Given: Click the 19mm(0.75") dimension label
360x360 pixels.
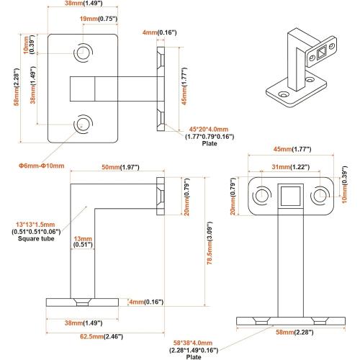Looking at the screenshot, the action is (99, 19).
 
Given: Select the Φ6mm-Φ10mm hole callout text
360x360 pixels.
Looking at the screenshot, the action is (42, 166).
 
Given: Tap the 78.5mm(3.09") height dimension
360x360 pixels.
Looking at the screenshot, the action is (210, 243).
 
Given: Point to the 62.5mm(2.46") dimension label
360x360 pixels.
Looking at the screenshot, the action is (102, 336).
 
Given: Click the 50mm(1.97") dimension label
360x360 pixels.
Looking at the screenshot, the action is (120, 167).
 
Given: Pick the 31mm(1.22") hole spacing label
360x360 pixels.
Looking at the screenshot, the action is (291, 166).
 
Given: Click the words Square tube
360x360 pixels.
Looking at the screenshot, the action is (36, 238).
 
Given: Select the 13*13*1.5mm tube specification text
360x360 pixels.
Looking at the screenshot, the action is (35, 225).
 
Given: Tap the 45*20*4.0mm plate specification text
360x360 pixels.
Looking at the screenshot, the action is (209, 129).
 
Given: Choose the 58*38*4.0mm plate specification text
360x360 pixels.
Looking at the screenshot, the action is (193, 343).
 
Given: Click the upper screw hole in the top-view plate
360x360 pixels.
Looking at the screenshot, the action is (83, 53).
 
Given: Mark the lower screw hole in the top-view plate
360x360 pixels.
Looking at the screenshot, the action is (83, 124).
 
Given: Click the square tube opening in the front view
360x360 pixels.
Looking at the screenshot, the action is (290, 196).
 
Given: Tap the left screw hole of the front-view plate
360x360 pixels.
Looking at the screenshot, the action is (261, 195).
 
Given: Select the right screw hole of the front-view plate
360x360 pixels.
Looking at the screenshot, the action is (320, 195).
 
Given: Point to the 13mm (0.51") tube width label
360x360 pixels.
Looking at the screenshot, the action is (83, 241).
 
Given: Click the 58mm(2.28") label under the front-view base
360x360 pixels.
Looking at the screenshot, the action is (294, 332).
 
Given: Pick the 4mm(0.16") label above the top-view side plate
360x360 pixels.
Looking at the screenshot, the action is (160, 32).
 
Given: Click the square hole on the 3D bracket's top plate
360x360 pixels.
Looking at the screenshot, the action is (321, 53).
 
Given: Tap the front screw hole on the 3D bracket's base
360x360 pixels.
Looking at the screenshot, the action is (284, 94).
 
